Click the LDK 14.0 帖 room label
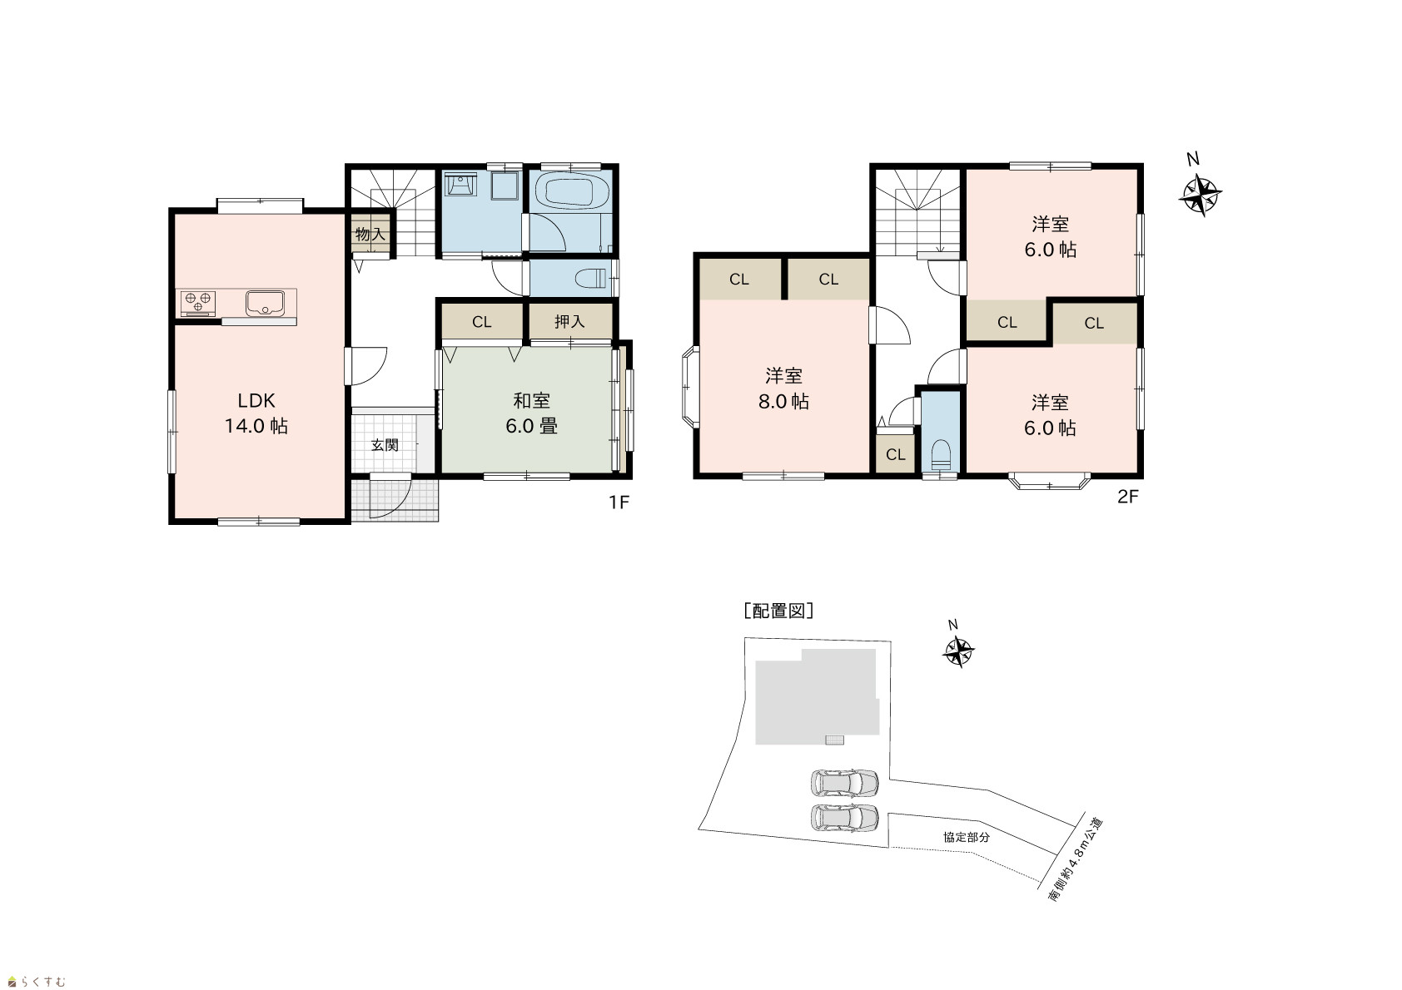(256, 413)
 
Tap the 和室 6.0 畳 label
(531, 413)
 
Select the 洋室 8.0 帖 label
(783, 389)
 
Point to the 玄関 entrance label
(385, 445)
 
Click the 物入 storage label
(370, 235)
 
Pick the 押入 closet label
(569, 321)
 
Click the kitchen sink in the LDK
(265, 304)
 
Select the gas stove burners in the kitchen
(198, 304)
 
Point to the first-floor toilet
(591, 277)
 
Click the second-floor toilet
(941, 454)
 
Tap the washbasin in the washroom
(461, 186)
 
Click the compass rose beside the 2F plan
(1200, 196)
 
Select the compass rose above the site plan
(957, 651)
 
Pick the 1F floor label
(619, 502)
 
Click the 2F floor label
(1128, 497)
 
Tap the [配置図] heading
(778, 611)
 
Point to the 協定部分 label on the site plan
(967, 837)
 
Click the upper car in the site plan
(844, 783)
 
